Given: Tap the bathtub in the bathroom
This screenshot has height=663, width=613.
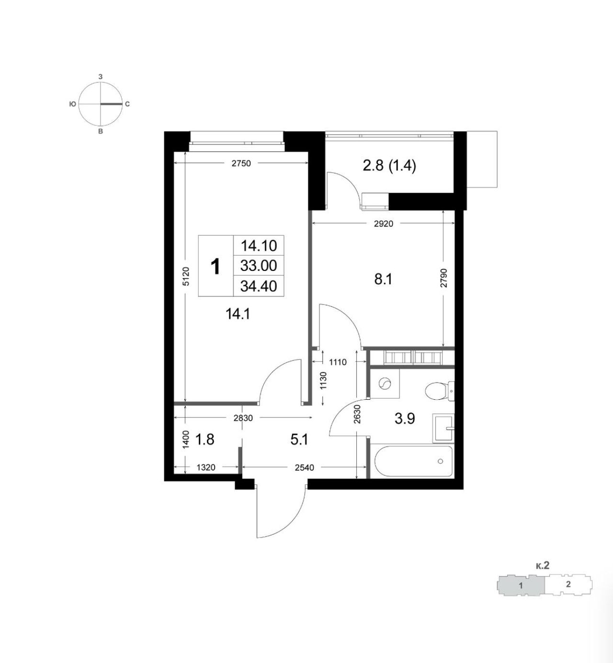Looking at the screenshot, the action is pos(413,461).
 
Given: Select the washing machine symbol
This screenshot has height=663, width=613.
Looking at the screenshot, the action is pos(385,383).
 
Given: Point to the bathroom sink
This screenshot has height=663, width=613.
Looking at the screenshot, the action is pos(443,428).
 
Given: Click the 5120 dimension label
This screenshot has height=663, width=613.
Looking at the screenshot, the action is pos(186,276).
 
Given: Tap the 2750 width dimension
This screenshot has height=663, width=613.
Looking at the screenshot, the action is pos(241,163).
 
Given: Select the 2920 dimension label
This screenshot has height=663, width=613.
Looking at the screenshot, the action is pos(383,224).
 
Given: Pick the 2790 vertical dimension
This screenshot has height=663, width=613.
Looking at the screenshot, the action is pos(443,278).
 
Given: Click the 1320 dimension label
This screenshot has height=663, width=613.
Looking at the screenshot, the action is pos(206,467).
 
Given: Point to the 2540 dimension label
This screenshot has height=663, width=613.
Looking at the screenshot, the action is pos(304,467).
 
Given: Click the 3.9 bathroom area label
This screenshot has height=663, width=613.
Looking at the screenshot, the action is pos(405,419).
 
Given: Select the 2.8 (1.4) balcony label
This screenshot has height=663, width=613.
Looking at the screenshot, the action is pos(389,166).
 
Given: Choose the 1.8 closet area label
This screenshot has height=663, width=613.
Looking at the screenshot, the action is pos(204,439).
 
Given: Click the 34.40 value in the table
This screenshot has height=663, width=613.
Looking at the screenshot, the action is pos(259,286).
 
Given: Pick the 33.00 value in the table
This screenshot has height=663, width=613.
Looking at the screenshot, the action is pos(259,266).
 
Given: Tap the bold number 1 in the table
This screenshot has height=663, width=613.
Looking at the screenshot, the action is pos(216,267).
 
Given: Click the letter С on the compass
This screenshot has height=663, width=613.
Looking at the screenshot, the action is pos(127,104).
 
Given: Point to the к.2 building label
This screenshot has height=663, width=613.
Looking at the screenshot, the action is pos(542,565).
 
